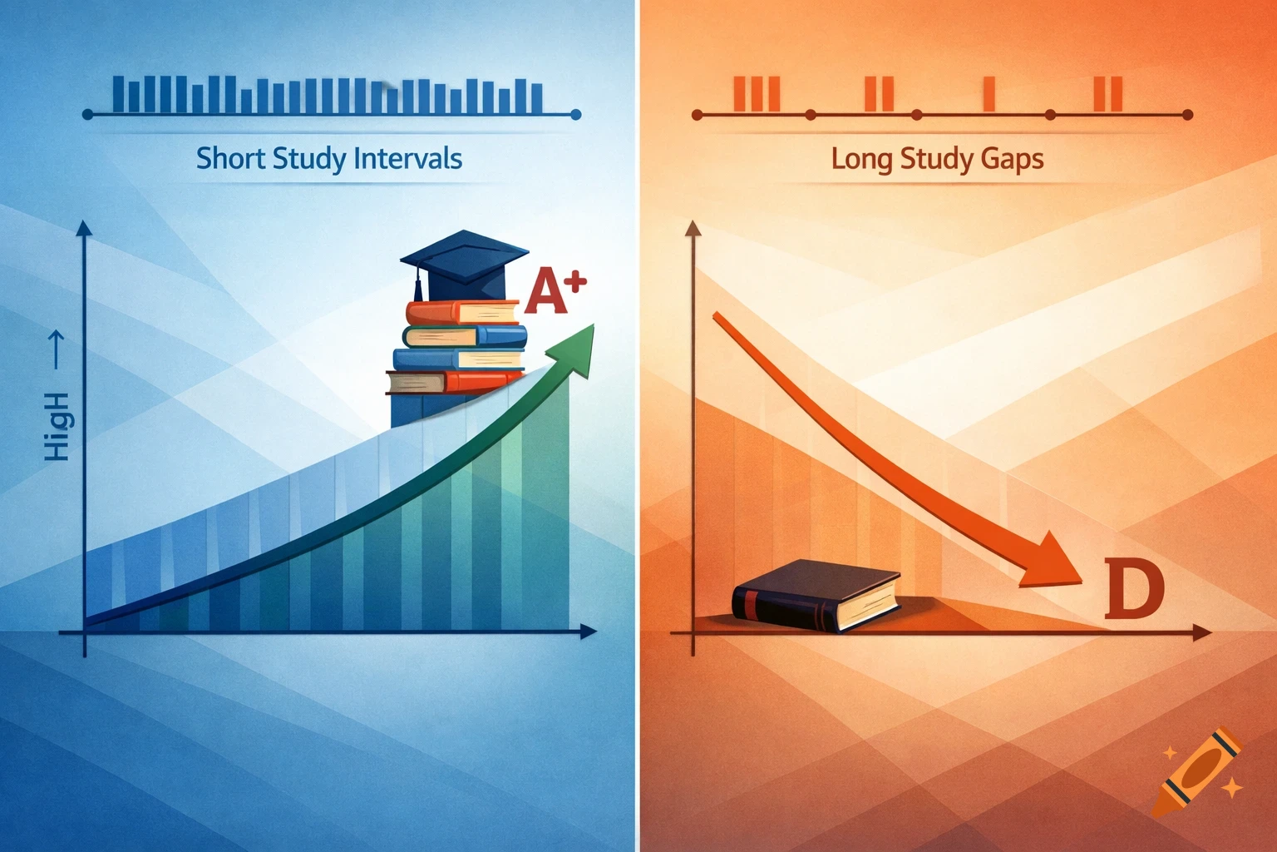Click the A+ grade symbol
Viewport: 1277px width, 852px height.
click(x=555, y=291)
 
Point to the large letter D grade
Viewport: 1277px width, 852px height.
click(x=1134, y=589)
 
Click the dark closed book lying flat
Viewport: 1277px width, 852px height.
click(x=816, y=594)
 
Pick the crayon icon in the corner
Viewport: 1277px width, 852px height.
click(x=1201, y=770)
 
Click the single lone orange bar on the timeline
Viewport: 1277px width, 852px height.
click(x=989, y=93)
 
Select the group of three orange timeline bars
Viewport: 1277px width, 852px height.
click(x=756, y=93)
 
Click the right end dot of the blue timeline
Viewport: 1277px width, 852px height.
click(x=577, y=115)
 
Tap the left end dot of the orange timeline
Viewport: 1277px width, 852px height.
click(x=697, y=115)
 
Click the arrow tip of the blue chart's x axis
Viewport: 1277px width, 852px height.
click(x=590, y=632)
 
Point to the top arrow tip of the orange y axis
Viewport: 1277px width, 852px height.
click(x=692, y=228)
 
